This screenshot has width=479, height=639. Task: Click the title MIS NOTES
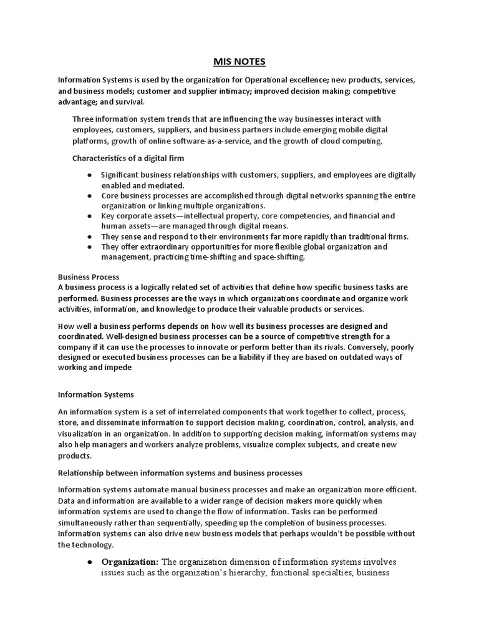click(239, 61)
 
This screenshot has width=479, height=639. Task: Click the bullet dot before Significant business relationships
click(91, 175)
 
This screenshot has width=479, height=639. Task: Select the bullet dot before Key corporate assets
click(91, 216)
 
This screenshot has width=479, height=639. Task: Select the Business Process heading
click(89, 276)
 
